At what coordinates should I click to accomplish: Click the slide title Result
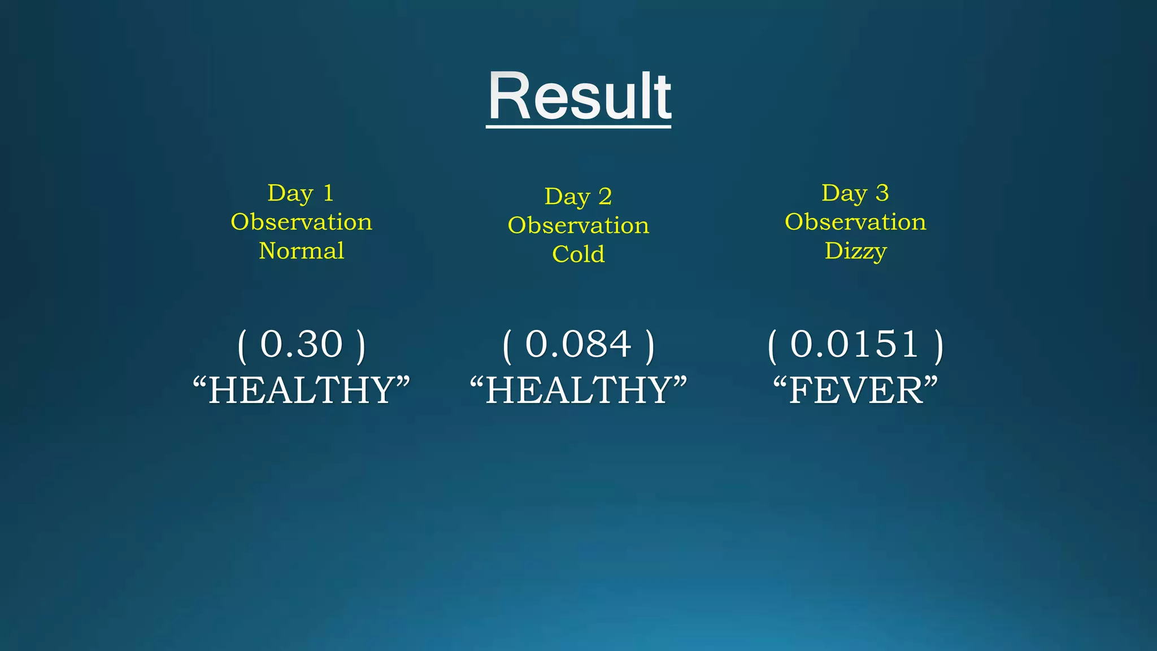[x=579, y=96]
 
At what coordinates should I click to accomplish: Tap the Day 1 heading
[x=301, y=193]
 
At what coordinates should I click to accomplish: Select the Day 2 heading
[x=578, y=197]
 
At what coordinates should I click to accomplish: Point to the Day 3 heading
[x=855, y=193]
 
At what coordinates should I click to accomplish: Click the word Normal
[x=301, y=251]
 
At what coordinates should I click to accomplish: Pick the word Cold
[x=578, y=254]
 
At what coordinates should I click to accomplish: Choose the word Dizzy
[x=855, y=251]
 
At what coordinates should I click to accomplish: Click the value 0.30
[x=301, y=344]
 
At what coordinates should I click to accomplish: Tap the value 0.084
[x=578, y=344]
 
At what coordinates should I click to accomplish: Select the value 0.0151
[x=854, y=344]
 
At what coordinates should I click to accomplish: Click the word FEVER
[x=855, y=390]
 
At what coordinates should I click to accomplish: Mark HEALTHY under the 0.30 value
[x=301, y=390]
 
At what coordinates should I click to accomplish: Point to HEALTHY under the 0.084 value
[x=578, y=390]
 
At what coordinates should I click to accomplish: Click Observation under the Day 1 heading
[x=301, y=222]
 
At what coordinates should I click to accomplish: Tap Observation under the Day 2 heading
[x=578, y=225]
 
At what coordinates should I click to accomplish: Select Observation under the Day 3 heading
[x=855, y=222]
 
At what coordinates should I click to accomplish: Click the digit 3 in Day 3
[x=882, y=193]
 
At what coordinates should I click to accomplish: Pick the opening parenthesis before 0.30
[x=242, y=346]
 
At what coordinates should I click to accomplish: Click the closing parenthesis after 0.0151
[x=938, y=346]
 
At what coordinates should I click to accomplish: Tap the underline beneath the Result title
[x=578, y=127]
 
